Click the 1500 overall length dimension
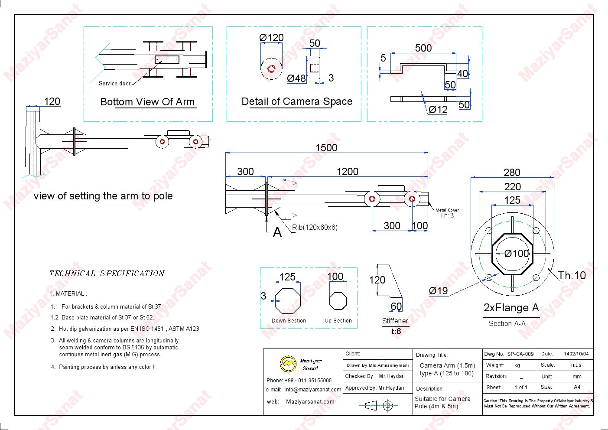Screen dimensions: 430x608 tap(326, 147)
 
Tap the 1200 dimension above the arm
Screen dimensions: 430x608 tap(347, 172)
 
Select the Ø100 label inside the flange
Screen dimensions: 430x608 tap(517, 254)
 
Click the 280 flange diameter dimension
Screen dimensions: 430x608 tap(512, 173)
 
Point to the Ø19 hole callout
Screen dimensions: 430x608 tap(438, 291)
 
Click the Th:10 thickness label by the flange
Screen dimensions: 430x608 tap(572, 275)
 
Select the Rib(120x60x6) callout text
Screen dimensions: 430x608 tap(315, 227)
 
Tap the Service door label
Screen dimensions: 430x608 tap(114, 84)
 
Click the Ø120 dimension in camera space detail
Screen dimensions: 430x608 tap(271, 38)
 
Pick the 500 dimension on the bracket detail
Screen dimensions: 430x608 tap(423, 48)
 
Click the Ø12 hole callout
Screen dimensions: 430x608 tap(438, 110)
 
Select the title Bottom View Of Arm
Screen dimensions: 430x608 tap(147, 102)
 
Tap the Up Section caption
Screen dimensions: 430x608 tap(338, 321)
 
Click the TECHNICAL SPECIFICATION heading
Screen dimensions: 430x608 tap(107, 274)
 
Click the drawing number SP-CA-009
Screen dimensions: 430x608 tap(520, 354)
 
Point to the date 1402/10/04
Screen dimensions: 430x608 tap(576, 354)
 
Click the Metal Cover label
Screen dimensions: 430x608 tap(447, 210)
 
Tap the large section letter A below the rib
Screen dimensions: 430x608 tap(277, 233)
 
